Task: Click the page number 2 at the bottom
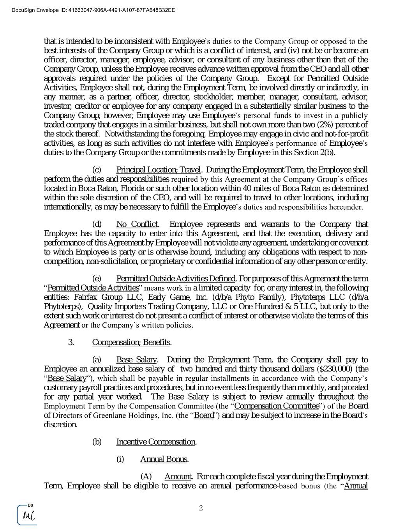(201, 508)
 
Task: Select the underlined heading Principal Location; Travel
(158, 170)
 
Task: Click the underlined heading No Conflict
(137, 224)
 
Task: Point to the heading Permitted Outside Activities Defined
(176, 279)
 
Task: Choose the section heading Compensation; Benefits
(131, 342)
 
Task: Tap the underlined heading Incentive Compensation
(156, 442)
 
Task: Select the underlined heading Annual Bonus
(164, 459)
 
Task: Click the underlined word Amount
(178, 477)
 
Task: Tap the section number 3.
(71, 342)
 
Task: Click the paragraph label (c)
(97, 170)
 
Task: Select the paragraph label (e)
(97, 279)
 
